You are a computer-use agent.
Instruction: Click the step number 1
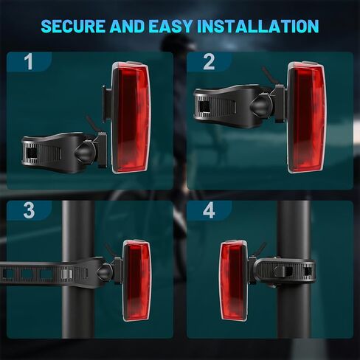[28, 61]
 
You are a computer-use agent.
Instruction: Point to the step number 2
[208, 61]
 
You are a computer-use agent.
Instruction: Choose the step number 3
[28, 210]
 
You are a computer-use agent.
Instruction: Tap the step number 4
[208, 210]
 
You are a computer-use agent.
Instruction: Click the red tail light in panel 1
[130, 118]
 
